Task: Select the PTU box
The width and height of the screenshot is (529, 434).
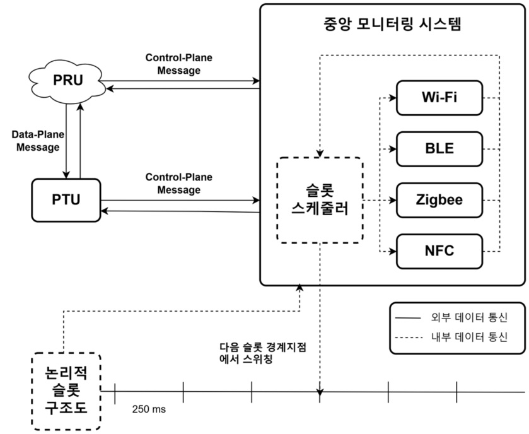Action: (x=66, y=201)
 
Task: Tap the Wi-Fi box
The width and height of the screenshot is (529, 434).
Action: (x=439, y=98)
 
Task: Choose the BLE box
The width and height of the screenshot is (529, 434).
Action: (x=439, y=149)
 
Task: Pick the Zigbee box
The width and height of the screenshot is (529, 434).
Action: (x=439, y=200)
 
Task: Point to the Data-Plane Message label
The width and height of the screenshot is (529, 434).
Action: (x=35, y=141)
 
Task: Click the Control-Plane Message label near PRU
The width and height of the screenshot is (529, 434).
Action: (x=179, y=64)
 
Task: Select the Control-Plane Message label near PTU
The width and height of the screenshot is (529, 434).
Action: (x=179, y=184)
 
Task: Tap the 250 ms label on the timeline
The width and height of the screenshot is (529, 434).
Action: (x=149, y=409)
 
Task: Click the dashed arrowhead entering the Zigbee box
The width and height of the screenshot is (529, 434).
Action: (x=393, y=201)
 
